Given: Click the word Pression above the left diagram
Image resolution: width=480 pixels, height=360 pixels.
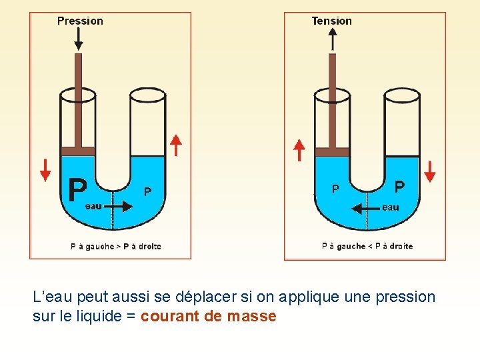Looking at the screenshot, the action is [x=80, y=21].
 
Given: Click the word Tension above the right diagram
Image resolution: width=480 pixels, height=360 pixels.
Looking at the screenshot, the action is [x=331, y=21].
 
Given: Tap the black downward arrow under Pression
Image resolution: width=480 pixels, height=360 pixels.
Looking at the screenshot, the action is [x=79, y=39].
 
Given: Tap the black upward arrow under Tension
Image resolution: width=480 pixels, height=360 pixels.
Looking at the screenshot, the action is [x=333, y=39].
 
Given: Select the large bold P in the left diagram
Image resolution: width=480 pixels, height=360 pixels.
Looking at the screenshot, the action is [x=77, y=190].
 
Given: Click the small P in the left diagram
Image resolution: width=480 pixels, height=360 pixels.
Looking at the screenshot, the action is [x=147, y=192].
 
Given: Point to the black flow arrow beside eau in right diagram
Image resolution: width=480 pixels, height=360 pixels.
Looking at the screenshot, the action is [x=365, y=208].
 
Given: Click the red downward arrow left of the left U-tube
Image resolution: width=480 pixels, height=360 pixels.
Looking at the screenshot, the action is [x=45, y=170].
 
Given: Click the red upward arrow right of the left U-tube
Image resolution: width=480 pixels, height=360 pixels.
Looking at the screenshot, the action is [x=176, y=145].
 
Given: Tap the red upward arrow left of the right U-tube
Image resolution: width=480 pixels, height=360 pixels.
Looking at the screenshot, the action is [x=299, y=151].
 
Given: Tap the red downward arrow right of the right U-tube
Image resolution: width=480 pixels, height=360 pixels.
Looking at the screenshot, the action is [x=430, y=171].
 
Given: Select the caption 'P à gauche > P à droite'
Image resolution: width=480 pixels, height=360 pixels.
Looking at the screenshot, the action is [x=116, y=247].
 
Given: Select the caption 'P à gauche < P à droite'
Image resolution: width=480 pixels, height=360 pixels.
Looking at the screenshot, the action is [x=367, y=246].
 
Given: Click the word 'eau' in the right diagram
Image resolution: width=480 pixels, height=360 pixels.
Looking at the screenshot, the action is [x=391, y=207].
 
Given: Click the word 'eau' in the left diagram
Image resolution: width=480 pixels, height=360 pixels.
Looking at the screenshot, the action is [x=93, y=206].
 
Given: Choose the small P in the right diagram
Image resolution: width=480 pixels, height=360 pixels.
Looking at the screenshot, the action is [x=335, y=189].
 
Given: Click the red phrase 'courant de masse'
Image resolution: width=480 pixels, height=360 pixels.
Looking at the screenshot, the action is [x=208, y=316].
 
